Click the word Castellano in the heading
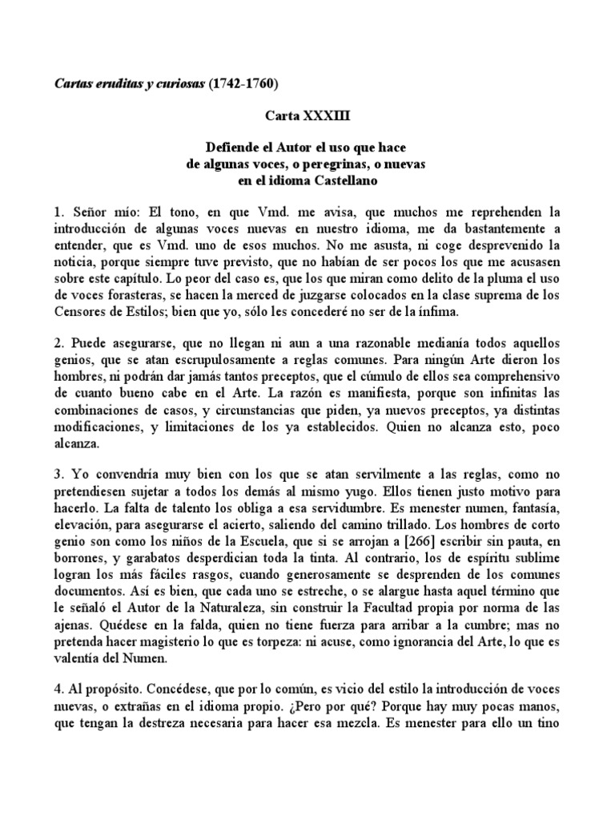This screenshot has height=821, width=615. click(345, 181)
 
